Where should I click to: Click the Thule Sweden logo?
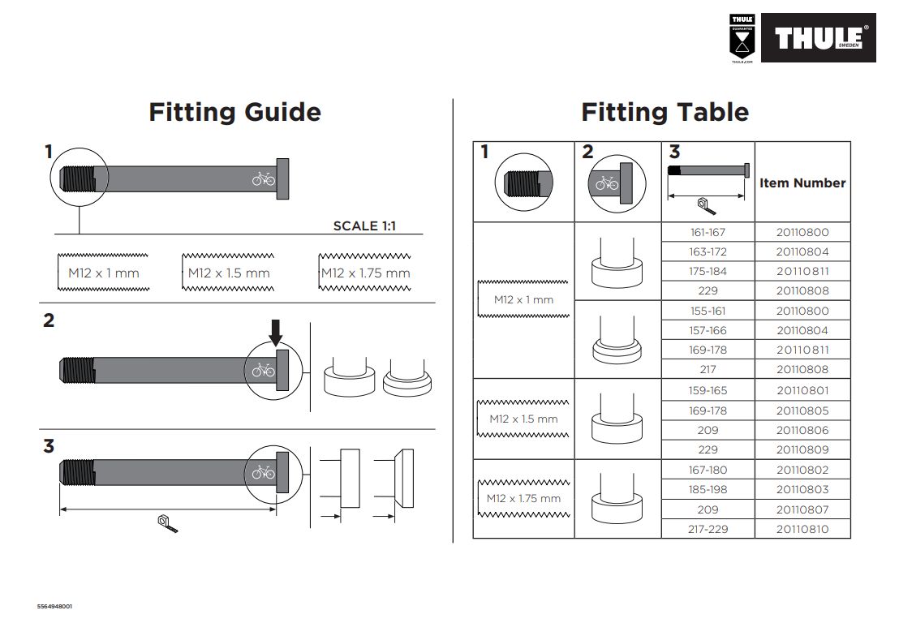pos(818,37)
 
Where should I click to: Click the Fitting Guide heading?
pos(234,112)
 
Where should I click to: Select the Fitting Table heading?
pos(665,112)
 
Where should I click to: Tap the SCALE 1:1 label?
pos(364,226)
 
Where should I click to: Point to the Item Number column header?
pos(802,183)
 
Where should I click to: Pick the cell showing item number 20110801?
pos(802,390)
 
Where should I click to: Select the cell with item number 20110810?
pos(802,530)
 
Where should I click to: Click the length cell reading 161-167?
pos(708,232)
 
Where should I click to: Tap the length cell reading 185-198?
pos(708,490)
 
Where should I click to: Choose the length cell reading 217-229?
pos(708,530)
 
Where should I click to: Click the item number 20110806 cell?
pos(802,430)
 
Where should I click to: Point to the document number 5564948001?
pos(60,606)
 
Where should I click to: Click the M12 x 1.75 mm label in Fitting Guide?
pos(365,273)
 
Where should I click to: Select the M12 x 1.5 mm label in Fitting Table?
pos(523,419)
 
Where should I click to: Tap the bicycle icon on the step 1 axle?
pos(264,178)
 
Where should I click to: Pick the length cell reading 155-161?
pos(708,311)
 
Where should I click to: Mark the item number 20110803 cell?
pos(802,490)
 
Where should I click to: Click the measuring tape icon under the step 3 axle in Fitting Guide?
pos(167,524)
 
